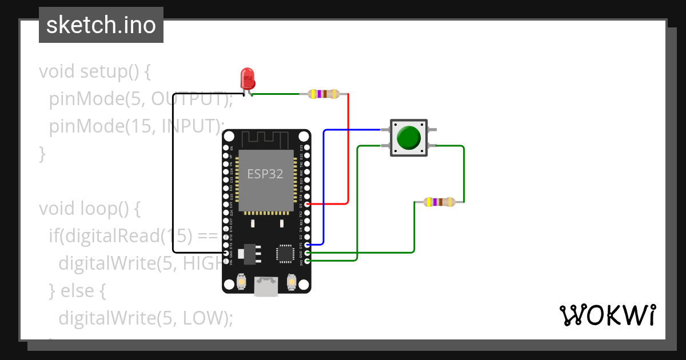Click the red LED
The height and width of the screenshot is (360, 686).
pyautogui.click(x=248, y=78)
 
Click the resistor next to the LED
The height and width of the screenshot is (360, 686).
pyautogui.click(x=324, y=94)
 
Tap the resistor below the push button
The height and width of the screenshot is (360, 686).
pyautogui.click(x=439, y=202)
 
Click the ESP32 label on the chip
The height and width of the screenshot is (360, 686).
pyautogui.click(x=265, y=174)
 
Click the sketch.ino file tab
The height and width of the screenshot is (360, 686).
pyautogui.click(x=101, y=25)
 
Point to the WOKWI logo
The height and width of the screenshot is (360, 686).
pyautogui.click(x=607, y=315)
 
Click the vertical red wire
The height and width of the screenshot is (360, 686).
pyautogui.click(x=348, y=149)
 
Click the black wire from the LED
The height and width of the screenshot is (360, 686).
pyautogui.click(x=173, y=171)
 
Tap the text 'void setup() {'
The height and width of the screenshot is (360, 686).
pyautogui.click(x=94, y=72)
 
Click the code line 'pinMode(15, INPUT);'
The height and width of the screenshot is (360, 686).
pyautogui.click(x=134, y=126)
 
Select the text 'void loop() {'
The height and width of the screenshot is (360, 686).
pyautogui.click(x=89, y=209)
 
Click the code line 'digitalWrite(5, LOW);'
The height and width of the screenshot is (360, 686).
pyautogui.click(x=146, y=318)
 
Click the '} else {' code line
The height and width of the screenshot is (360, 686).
pyautogui.click(x=78, y=291)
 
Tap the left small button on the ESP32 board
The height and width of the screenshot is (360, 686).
pyautogui.click(x=241, y=282)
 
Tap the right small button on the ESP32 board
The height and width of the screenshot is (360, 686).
pyautogui.click(x=292, y=282)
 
